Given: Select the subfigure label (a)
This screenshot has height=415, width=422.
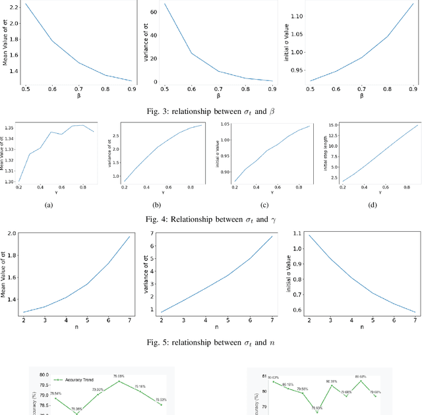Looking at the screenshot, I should tap(48, 205).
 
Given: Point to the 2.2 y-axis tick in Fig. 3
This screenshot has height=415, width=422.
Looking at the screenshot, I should tap(13, 5).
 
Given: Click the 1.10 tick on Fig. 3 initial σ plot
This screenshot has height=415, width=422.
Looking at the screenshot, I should tap(294, 16).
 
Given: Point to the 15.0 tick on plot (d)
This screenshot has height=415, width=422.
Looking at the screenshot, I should tap(333, 125).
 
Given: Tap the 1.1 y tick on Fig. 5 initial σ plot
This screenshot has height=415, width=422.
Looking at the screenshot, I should tap(297, 235).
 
